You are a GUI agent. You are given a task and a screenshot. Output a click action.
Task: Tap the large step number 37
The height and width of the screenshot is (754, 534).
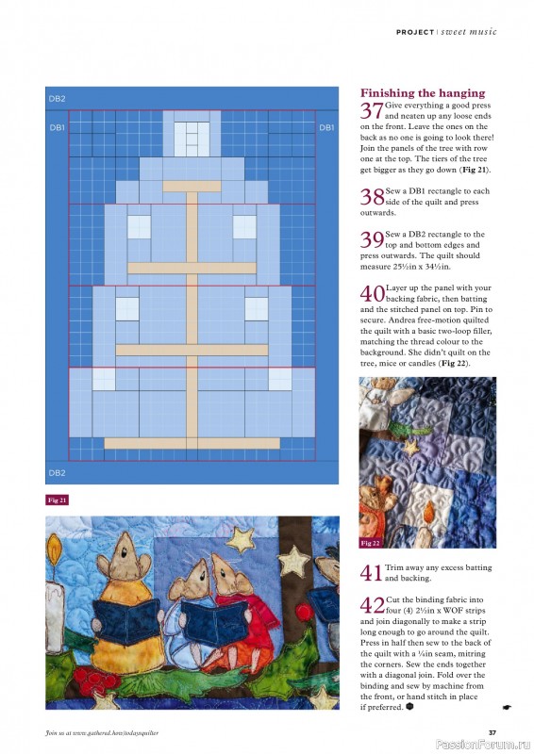[x=372, y=111]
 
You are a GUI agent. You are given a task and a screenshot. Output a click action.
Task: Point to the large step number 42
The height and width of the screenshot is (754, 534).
[x=372, y=606]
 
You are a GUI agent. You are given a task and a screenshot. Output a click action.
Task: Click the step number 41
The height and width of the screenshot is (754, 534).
[x=372, y=572]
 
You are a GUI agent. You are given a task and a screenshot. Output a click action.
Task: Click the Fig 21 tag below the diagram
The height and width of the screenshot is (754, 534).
[x=58, y=500]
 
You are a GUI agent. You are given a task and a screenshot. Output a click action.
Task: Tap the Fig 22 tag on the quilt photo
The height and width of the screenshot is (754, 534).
[x=371, y=543]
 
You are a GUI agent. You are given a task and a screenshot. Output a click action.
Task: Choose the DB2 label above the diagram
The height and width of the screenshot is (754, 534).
[x=57, y=98]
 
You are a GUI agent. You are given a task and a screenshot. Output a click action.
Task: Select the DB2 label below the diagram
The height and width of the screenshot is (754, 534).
[x=57, y=472]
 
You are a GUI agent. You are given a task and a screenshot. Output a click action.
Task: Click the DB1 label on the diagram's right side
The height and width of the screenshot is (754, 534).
[x=326, y=127]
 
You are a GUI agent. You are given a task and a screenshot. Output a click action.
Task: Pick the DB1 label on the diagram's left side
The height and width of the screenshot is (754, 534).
[x=57, y=127]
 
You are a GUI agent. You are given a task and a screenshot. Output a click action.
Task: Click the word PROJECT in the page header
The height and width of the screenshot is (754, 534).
[x=414, y=32]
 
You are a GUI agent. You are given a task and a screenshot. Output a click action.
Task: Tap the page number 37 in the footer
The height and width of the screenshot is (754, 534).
[x=492, y=732]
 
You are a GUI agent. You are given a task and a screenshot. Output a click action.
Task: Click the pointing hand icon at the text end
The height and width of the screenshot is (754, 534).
[x=507, y=705]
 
